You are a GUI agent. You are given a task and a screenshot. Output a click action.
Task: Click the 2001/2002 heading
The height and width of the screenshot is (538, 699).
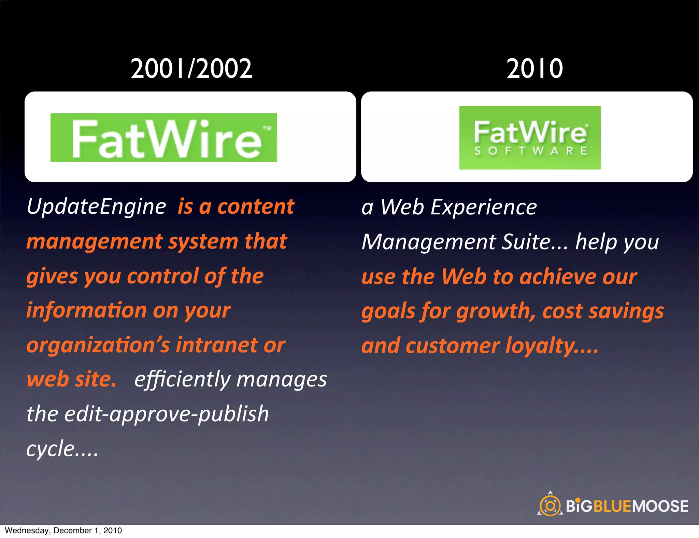click(x=191, y=69)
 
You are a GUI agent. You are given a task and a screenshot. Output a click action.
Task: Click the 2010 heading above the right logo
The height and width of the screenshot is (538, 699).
click(x=534, y=69)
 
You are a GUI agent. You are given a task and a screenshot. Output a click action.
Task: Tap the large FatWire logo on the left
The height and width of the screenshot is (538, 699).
click(x=164, y=138)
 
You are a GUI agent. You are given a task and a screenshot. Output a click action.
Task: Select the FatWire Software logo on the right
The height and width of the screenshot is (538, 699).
click(x=530, y=137)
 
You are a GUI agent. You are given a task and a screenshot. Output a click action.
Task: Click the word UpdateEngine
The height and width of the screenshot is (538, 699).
click(x=96, y=207)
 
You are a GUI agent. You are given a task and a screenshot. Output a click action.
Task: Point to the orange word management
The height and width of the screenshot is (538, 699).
click(x=95, y=242)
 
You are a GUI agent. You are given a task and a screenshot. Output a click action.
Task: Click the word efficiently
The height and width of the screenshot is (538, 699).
click(x=183, y=380)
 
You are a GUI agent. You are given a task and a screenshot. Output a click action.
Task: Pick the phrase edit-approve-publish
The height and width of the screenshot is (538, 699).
click(x=167, y=414)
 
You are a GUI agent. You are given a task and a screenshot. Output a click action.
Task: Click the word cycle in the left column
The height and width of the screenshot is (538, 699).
click(x=51, y=449)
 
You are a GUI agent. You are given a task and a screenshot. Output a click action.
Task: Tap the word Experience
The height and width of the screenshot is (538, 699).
click(x=484, y=207)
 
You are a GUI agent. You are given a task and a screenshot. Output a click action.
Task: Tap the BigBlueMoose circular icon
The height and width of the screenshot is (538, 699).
click(x=550, y=505)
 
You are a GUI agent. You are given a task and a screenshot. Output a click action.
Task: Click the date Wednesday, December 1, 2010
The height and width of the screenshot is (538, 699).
click(x=63, y=530)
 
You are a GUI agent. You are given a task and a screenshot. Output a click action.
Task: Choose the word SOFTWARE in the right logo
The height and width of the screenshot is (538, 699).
click(x=530, y=151)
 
